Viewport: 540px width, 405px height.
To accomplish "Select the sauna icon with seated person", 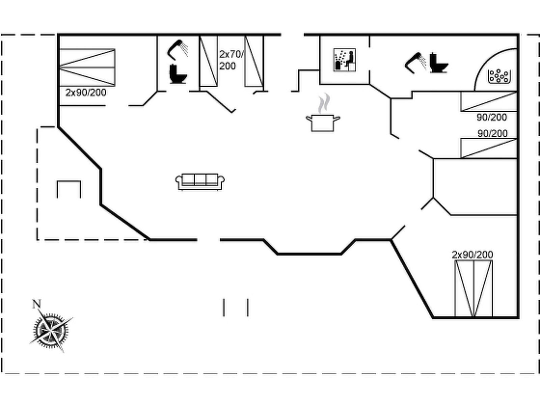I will tap(344, 60).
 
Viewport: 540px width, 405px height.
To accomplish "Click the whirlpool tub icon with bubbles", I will tap(499, 76).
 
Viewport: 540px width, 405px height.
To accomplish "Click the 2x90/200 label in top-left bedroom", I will tap(86, 92).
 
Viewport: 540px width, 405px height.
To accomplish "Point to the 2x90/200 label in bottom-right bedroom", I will tap(473, 254).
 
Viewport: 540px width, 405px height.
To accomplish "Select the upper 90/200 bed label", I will tap(492, 117).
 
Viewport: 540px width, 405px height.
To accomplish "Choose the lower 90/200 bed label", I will tap(492, 133).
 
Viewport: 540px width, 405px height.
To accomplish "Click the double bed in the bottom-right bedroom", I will tap(473, 289).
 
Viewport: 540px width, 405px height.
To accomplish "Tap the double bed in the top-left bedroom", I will tap(87, 67).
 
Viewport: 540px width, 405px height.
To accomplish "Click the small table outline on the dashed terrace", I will tap(69, 189).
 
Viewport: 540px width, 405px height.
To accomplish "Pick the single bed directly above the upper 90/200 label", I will tap(489, 101).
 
